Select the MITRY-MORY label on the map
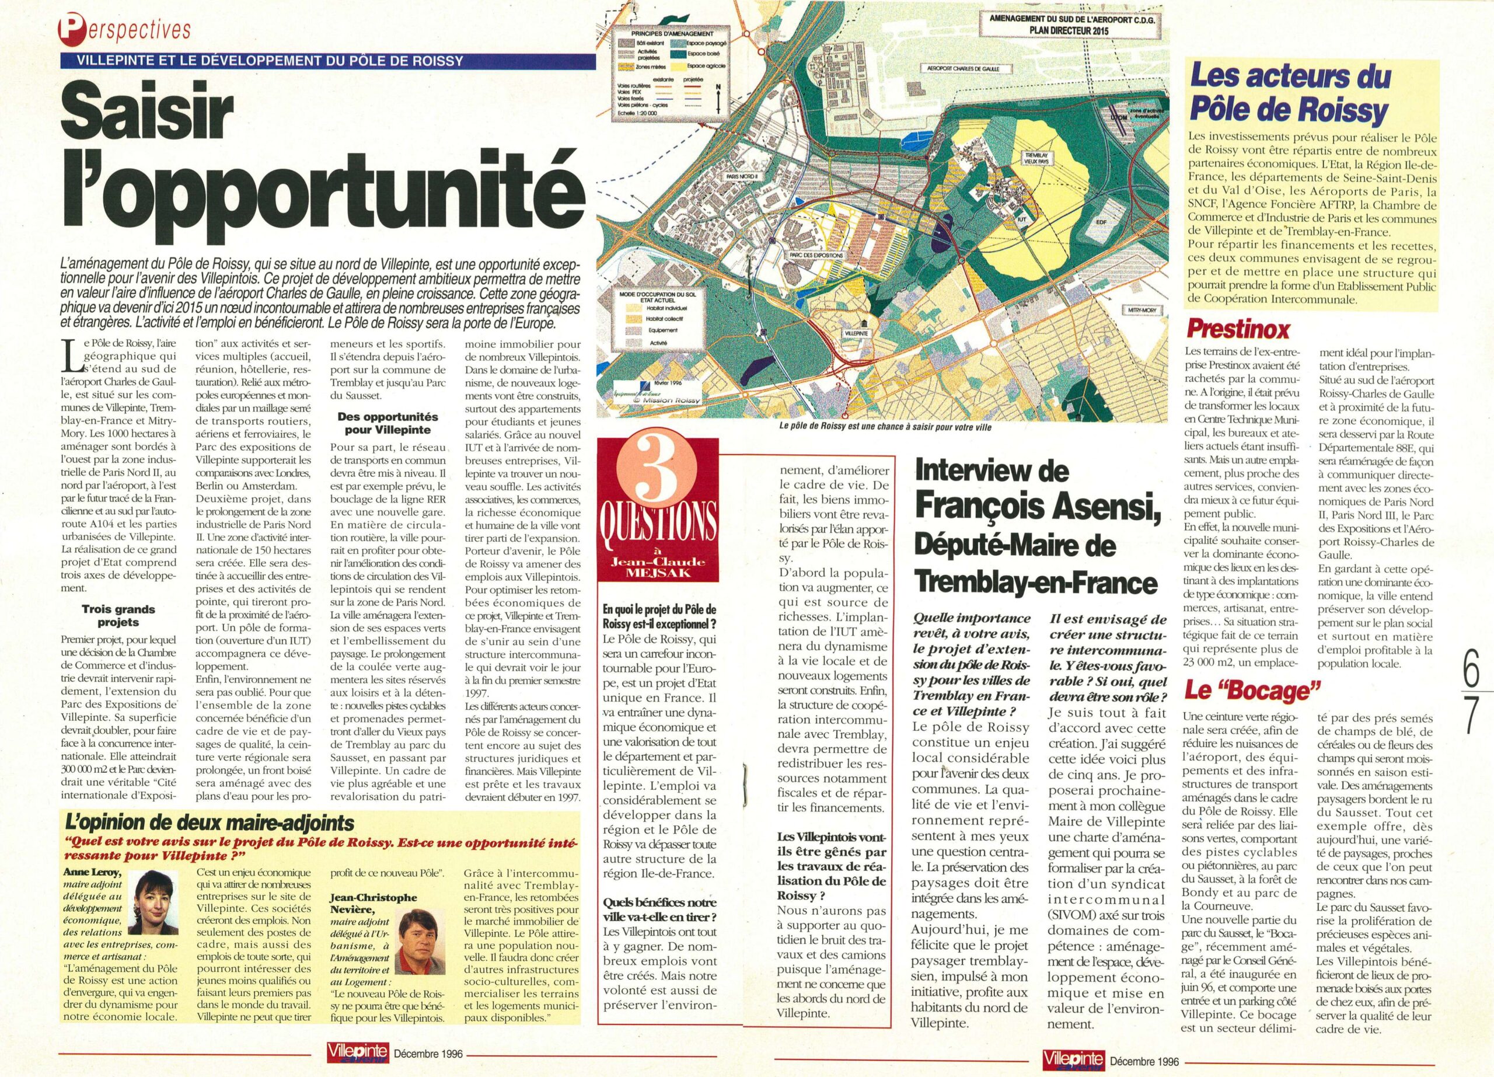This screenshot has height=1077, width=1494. point(1140,315)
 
